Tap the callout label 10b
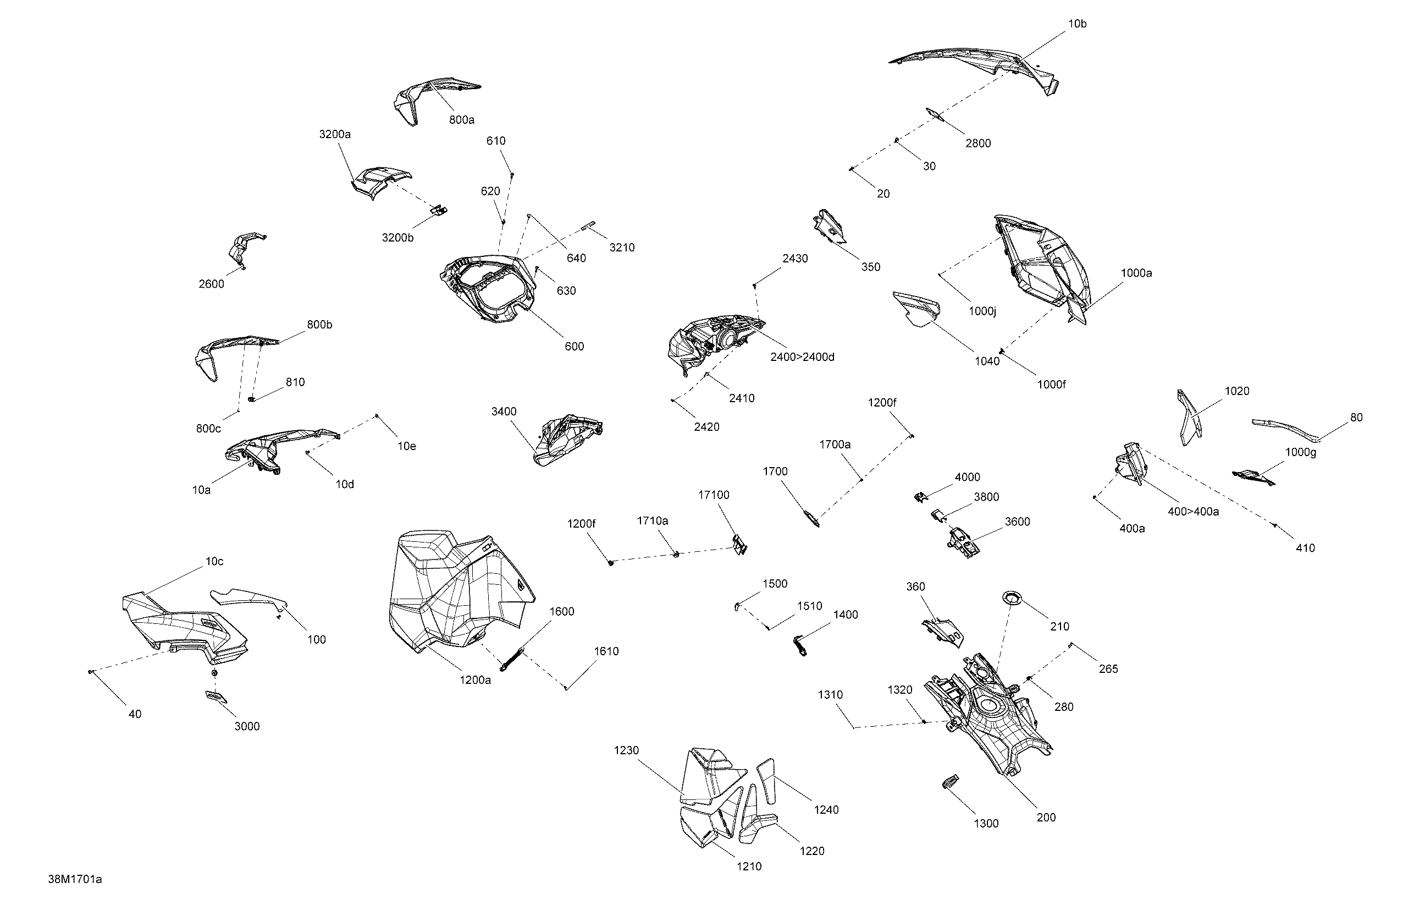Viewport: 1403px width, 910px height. pyautogui.click(x=1077, y=24)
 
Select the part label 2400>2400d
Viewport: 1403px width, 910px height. pyautogui.click(x=802, y=357)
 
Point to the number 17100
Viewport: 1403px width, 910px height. pyautogui.click(x=714, y=495)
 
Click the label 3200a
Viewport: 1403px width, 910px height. pyautogui.click(x=335, y=134)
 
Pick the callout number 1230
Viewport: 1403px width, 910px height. pyautogui.click(x=626, y=750)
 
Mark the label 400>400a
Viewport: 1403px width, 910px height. pyautogui.click(x=1193, y=511)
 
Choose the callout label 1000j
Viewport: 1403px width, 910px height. pyautogui.click(x=982, y=311)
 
